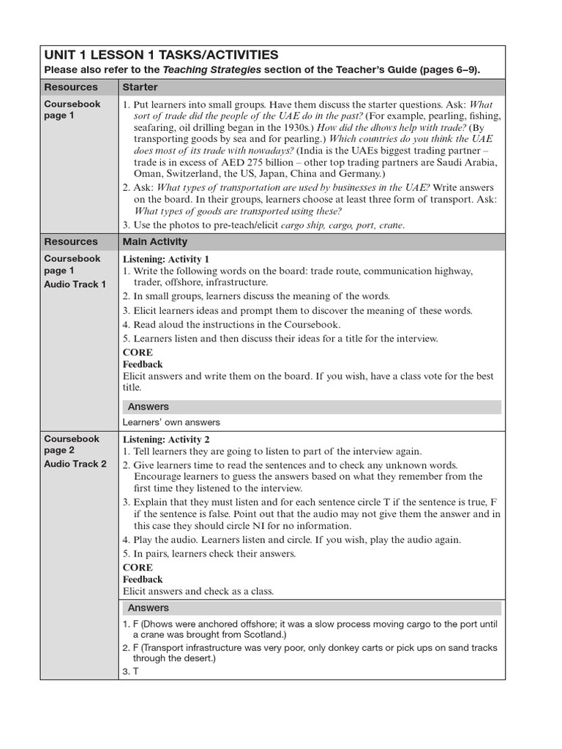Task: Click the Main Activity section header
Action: click(x=155, y=241)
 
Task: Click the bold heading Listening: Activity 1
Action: click(x=166, y=259)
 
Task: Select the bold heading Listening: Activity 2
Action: click(x=166, y=439)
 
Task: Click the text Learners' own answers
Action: click(x=171, y=422)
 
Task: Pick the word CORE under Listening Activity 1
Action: click(x=138, y=353)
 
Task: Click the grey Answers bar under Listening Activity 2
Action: click(x=311, y=608)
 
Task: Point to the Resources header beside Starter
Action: click(x=71, y=87)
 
